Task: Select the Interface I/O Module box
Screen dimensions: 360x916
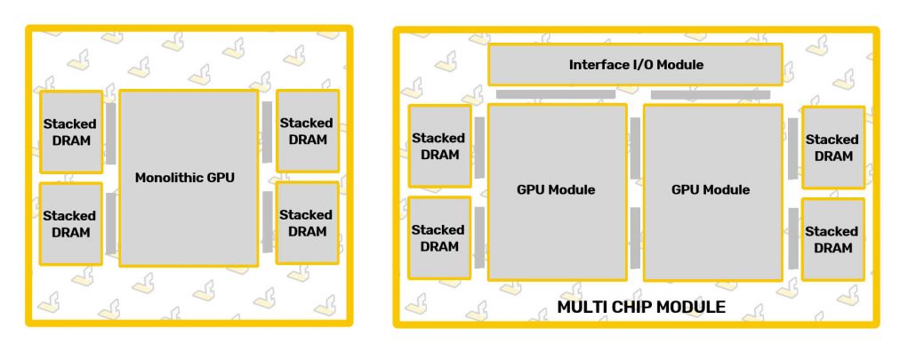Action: click(635, 65)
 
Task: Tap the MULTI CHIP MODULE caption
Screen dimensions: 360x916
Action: click(640, 308)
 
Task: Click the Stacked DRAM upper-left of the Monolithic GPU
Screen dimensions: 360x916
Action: click(71, 132)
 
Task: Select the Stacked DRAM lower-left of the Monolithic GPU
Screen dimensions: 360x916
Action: click(71, 223)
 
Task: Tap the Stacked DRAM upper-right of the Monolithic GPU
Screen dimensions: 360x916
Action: click(307, 131)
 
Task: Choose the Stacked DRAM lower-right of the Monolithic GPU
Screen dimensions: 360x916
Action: click(307, 222)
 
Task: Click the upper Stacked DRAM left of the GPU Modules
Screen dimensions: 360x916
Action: click(439, 146)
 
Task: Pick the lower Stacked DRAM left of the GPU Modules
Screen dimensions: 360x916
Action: click(439, 237)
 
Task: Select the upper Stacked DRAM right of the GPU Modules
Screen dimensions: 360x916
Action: click(832, 147)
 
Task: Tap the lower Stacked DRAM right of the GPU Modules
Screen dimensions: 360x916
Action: click(832, 238)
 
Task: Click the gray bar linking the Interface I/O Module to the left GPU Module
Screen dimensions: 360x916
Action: click(555, 94)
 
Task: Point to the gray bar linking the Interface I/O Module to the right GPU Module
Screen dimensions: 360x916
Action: click(710, 94)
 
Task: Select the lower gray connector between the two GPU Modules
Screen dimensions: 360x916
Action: click(635, 237)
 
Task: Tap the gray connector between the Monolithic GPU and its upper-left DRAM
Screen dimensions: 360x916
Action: click(111, 133)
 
